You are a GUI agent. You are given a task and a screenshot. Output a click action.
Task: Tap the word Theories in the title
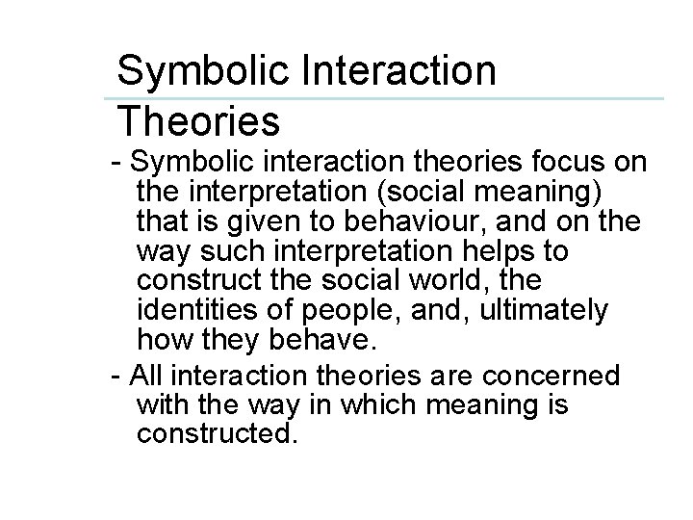point(198,121)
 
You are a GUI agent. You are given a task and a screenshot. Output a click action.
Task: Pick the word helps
point(499,251)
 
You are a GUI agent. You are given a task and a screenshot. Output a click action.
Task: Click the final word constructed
point(214,434)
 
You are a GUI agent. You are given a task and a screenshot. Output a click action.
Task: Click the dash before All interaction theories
point(117,373)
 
